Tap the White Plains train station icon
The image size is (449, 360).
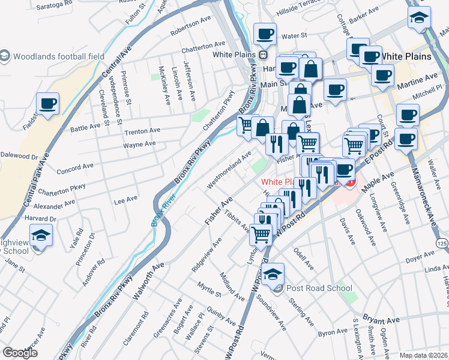tap(263, 55)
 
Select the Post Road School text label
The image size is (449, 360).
tap(319, 288)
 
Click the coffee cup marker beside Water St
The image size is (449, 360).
tap(264, 35)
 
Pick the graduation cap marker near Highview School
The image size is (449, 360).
tap(41, 236)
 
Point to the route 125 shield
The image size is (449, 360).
tap(442, 243)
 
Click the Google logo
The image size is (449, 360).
tap(20, 353)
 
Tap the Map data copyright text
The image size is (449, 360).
tap(423, 355)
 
